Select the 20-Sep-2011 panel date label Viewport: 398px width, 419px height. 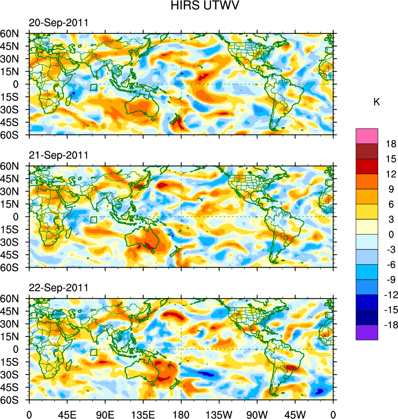tap(58, 23)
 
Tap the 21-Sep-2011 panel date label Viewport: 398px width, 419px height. tap(58, 156)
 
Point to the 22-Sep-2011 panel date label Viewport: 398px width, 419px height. tap(58, 288)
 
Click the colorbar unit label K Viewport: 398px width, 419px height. tap(377, 102)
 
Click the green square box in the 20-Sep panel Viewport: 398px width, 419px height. tap(93, 87)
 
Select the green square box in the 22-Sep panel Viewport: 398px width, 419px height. tap(93, 352)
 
